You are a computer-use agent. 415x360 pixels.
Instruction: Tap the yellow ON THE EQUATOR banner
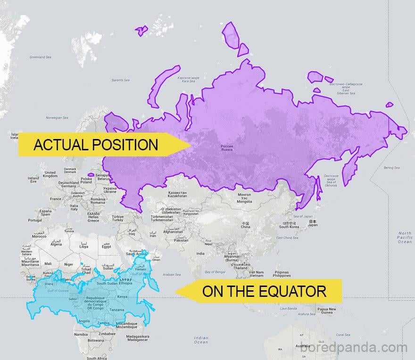264,291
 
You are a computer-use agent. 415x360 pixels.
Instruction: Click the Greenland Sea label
41,57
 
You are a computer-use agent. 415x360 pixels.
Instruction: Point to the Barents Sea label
120,80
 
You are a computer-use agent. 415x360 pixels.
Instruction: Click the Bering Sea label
391,168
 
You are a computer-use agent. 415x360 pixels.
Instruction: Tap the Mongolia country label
244,198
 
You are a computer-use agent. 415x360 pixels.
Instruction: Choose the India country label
200,254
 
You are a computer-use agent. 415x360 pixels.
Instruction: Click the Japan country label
313,223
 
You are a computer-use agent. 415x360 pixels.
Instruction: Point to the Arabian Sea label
171,274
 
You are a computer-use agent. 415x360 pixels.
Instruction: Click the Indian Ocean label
201,340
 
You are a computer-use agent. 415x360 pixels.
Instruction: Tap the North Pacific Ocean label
404,237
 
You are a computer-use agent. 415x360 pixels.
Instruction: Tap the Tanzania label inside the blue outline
117,310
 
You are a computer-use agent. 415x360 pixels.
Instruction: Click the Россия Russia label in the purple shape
227,148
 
